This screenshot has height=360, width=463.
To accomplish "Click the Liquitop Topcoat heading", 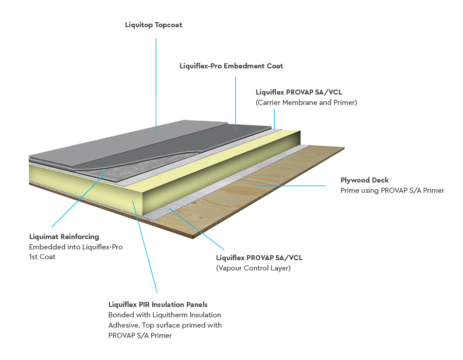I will (153, 25).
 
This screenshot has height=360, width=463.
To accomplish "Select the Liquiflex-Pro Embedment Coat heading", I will (231, 66).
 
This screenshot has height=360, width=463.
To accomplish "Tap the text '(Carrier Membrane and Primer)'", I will (306, 102).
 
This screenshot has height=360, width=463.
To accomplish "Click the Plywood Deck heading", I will (364, 180).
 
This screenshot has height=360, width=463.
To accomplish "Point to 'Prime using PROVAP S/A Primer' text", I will (392, 190).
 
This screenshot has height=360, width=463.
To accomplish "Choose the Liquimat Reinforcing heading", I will (64, 237).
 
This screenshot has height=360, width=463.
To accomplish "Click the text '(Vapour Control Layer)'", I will (253, 267).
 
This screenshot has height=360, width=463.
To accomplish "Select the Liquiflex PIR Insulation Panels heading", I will (158, 304).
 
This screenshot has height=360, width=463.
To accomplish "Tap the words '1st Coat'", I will (42, 257).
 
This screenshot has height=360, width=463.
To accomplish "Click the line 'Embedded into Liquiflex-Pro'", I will (76, 247).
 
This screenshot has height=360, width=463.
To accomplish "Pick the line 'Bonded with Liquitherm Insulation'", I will (165, 315).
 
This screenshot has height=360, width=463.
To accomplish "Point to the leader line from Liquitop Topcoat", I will (156, 77).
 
